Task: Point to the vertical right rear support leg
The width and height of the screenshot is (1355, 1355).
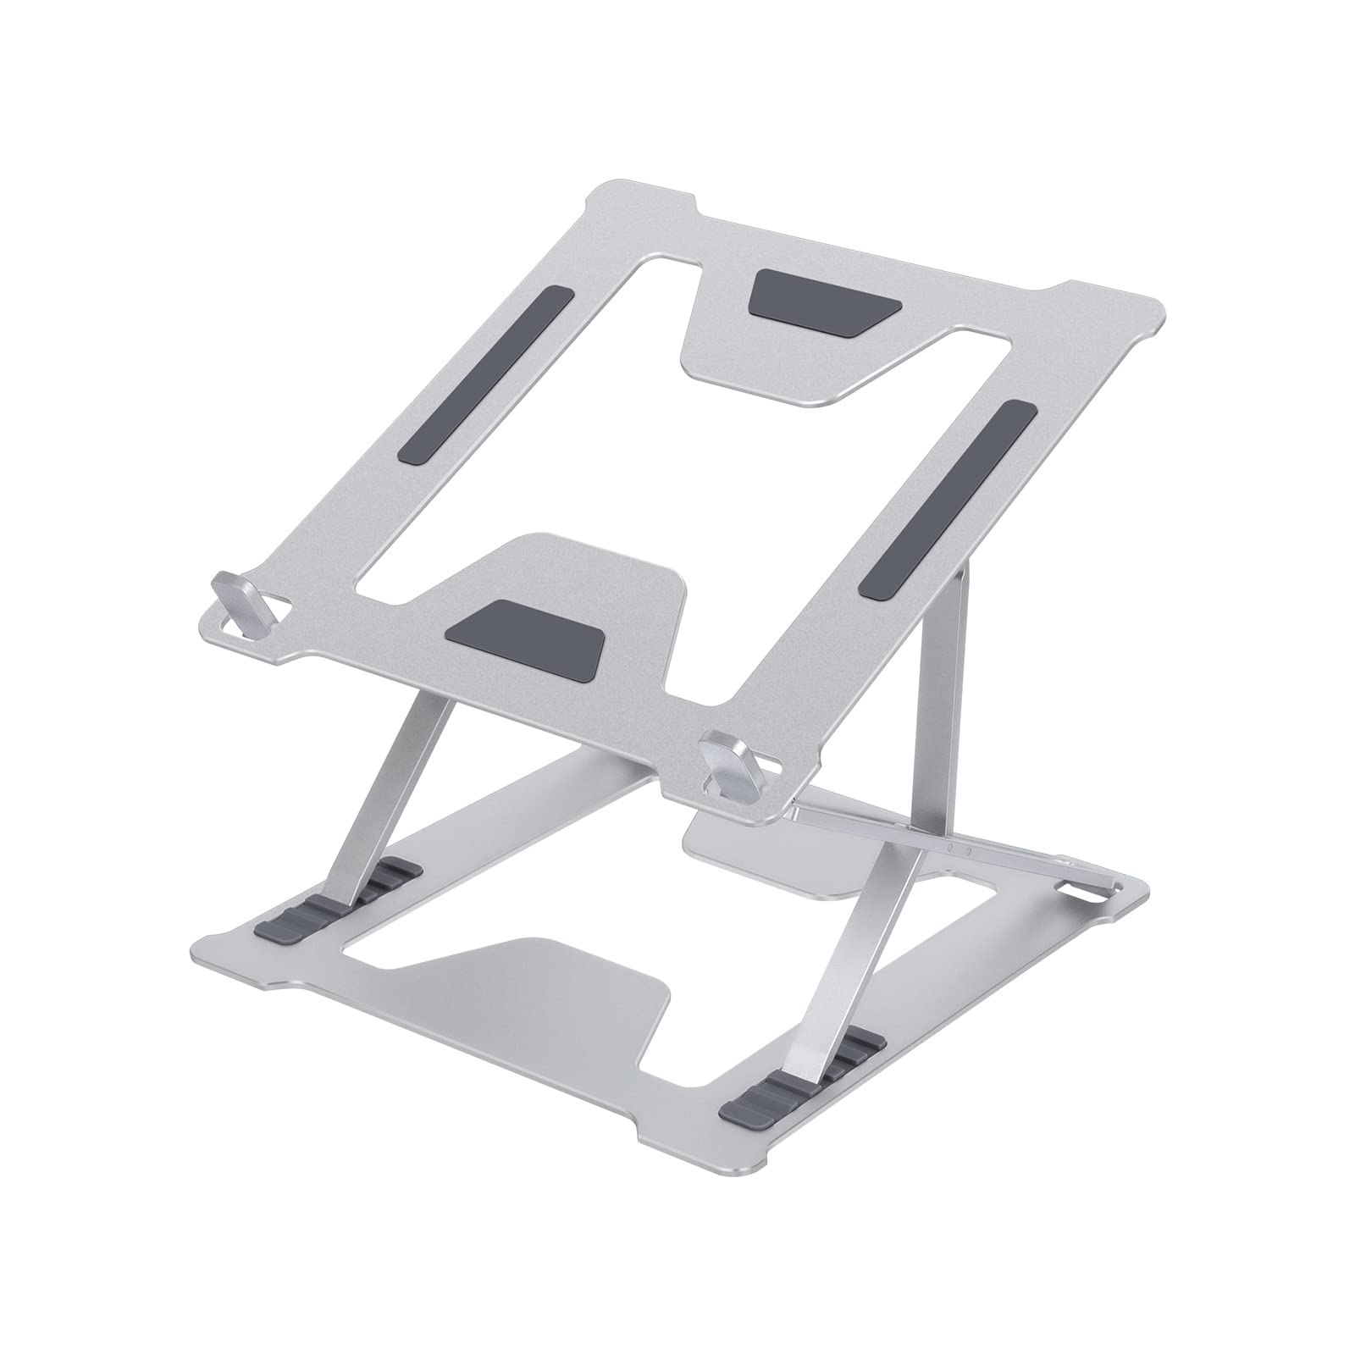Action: click(938, 703)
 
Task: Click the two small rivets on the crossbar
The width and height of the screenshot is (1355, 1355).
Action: click(960, 847)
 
